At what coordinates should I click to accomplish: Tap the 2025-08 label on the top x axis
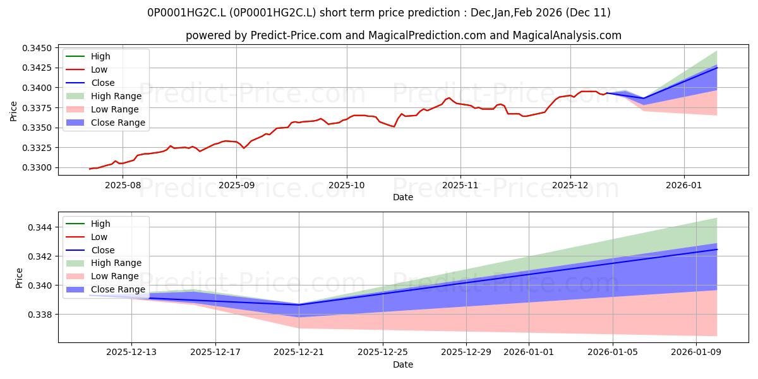click(x=123, y=186)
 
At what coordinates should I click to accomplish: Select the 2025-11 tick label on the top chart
click(x=460, y=186)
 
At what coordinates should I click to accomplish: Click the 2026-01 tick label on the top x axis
click(x=684, y=186)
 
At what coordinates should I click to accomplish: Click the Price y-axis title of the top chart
click(x=14, y=110)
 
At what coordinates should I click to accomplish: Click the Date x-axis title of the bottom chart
click(x=403, y=364)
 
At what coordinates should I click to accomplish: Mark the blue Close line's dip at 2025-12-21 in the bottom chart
click(x=299, y=305)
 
